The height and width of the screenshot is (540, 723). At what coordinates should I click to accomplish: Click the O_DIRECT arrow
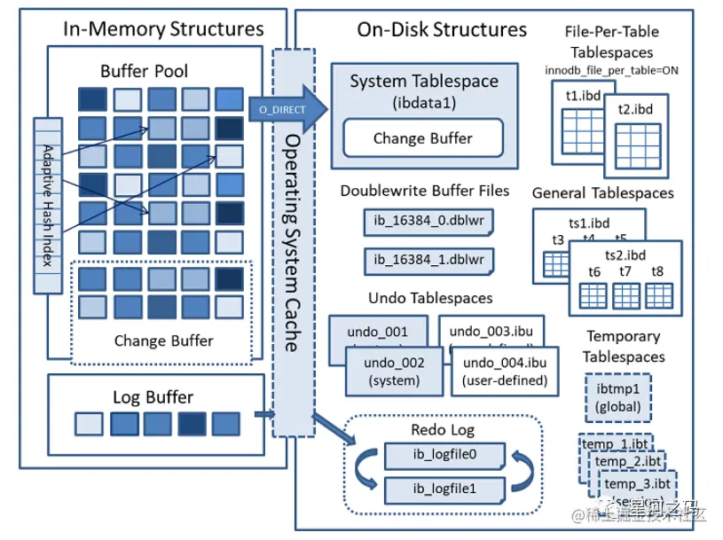(x=281, y=109)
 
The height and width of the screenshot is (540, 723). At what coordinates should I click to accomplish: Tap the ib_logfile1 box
(x=444, y=488)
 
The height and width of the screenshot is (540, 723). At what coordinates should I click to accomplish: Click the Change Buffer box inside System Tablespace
(x=422, y=138)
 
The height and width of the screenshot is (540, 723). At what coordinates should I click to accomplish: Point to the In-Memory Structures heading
(x=163, y=28)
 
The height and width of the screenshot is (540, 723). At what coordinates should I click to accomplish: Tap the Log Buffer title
(x=153, y=396)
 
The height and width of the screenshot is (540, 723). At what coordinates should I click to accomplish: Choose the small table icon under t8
(x=657, y=295)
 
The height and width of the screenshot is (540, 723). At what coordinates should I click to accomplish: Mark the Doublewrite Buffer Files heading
(x=425, y=190)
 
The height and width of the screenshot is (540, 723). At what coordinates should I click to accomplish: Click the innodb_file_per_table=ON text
(x=611, y=70)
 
